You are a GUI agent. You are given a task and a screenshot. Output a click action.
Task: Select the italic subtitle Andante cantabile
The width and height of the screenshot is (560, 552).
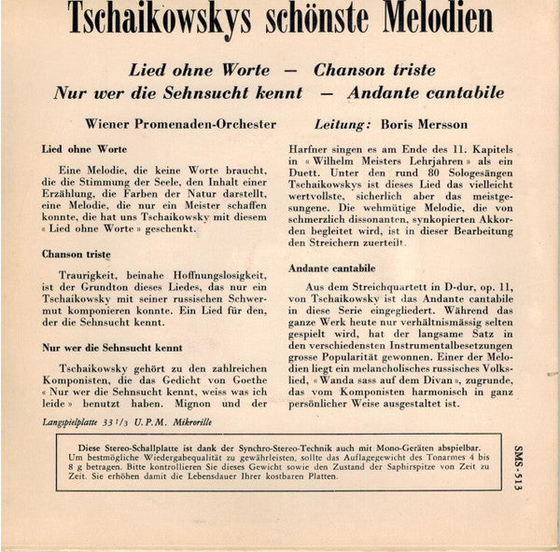click(x=426, y=92)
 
